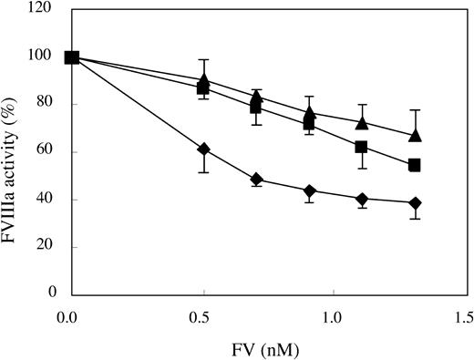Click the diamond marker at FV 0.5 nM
pos(204,149)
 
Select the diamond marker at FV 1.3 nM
pos(415,202)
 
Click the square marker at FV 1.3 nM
pos(415,165)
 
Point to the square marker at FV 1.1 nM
pos(362,147)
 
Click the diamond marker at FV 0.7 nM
pos(257,180)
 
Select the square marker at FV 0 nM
pos(72,57)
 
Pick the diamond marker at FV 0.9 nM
pos(310,190)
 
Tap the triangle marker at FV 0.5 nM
pos(204,81)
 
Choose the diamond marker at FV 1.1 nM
pos(362,199)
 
